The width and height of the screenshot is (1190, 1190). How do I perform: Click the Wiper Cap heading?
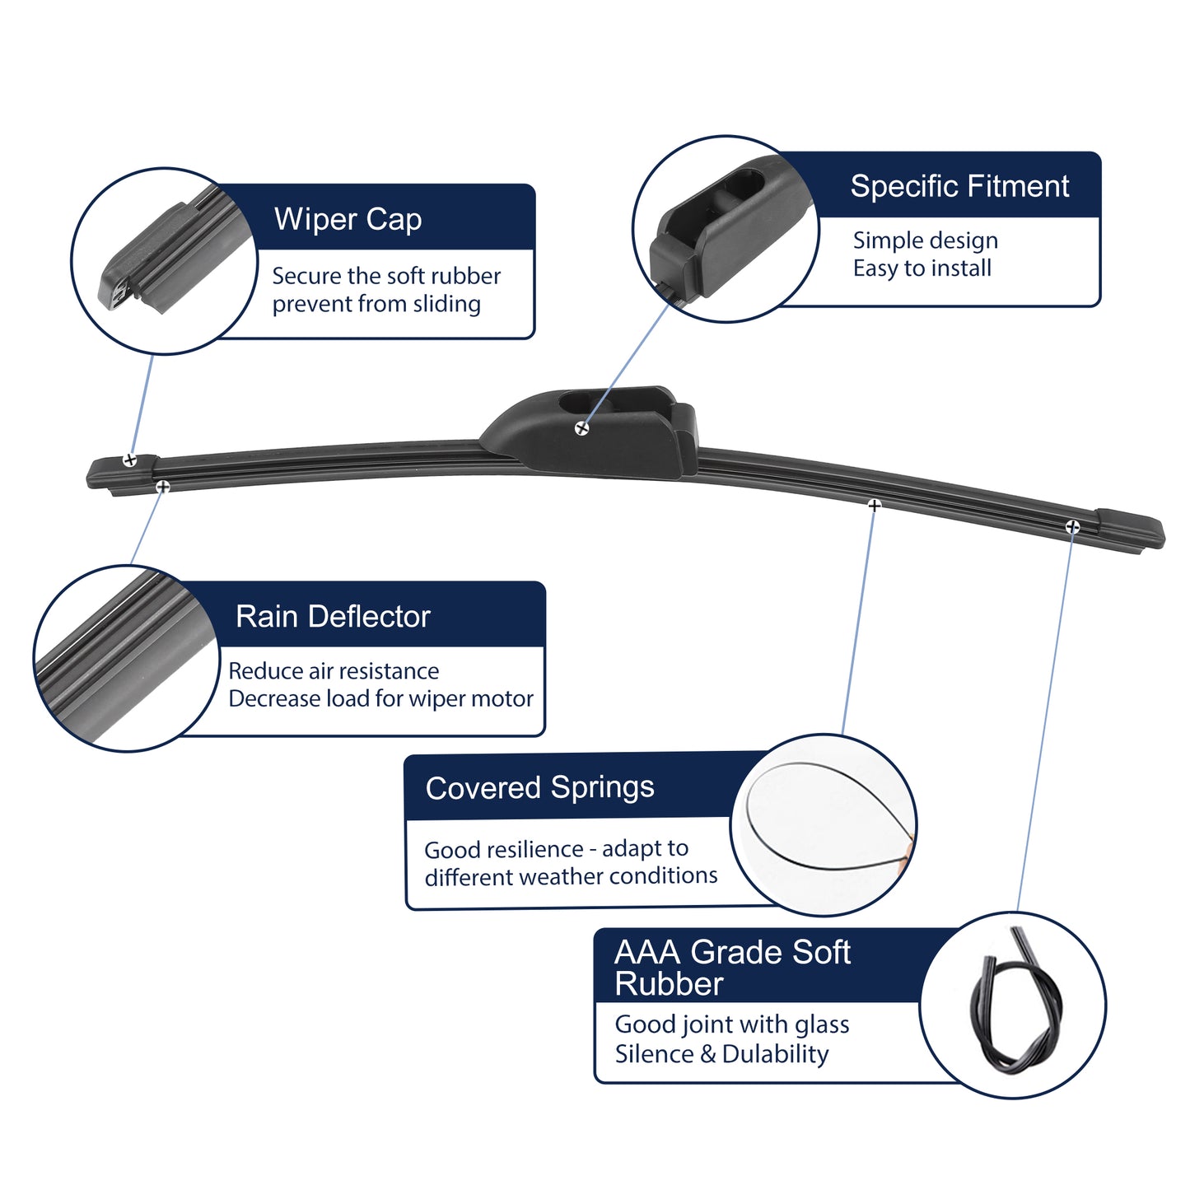coord(348,220)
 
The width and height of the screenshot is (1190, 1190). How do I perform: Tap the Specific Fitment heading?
coord(959,186)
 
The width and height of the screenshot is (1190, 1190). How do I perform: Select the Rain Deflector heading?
coord(332,616)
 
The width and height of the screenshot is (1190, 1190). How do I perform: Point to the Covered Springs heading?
coord(539,788)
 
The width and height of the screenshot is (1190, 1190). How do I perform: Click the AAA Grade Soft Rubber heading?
coord(732,968)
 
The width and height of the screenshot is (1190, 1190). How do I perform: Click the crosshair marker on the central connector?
coord(581,428)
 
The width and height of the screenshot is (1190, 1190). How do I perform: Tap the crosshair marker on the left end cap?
coord(129,460)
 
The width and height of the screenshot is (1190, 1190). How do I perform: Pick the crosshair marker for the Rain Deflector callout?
coord(162,487)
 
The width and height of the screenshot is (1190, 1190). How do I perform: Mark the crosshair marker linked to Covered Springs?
coord(874,505)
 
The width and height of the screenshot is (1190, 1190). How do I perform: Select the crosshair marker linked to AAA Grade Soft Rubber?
coord(1072,527)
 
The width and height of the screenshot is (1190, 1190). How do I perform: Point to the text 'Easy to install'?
coord(922,268)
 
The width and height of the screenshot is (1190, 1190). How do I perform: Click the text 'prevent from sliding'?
coord(376,304)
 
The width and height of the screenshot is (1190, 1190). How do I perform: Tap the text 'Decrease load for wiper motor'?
coord(380,698)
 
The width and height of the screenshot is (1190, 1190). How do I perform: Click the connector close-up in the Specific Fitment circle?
coord(729,228)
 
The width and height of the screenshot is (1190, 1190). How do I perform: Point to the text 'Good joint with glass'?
coord(732,1025)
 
